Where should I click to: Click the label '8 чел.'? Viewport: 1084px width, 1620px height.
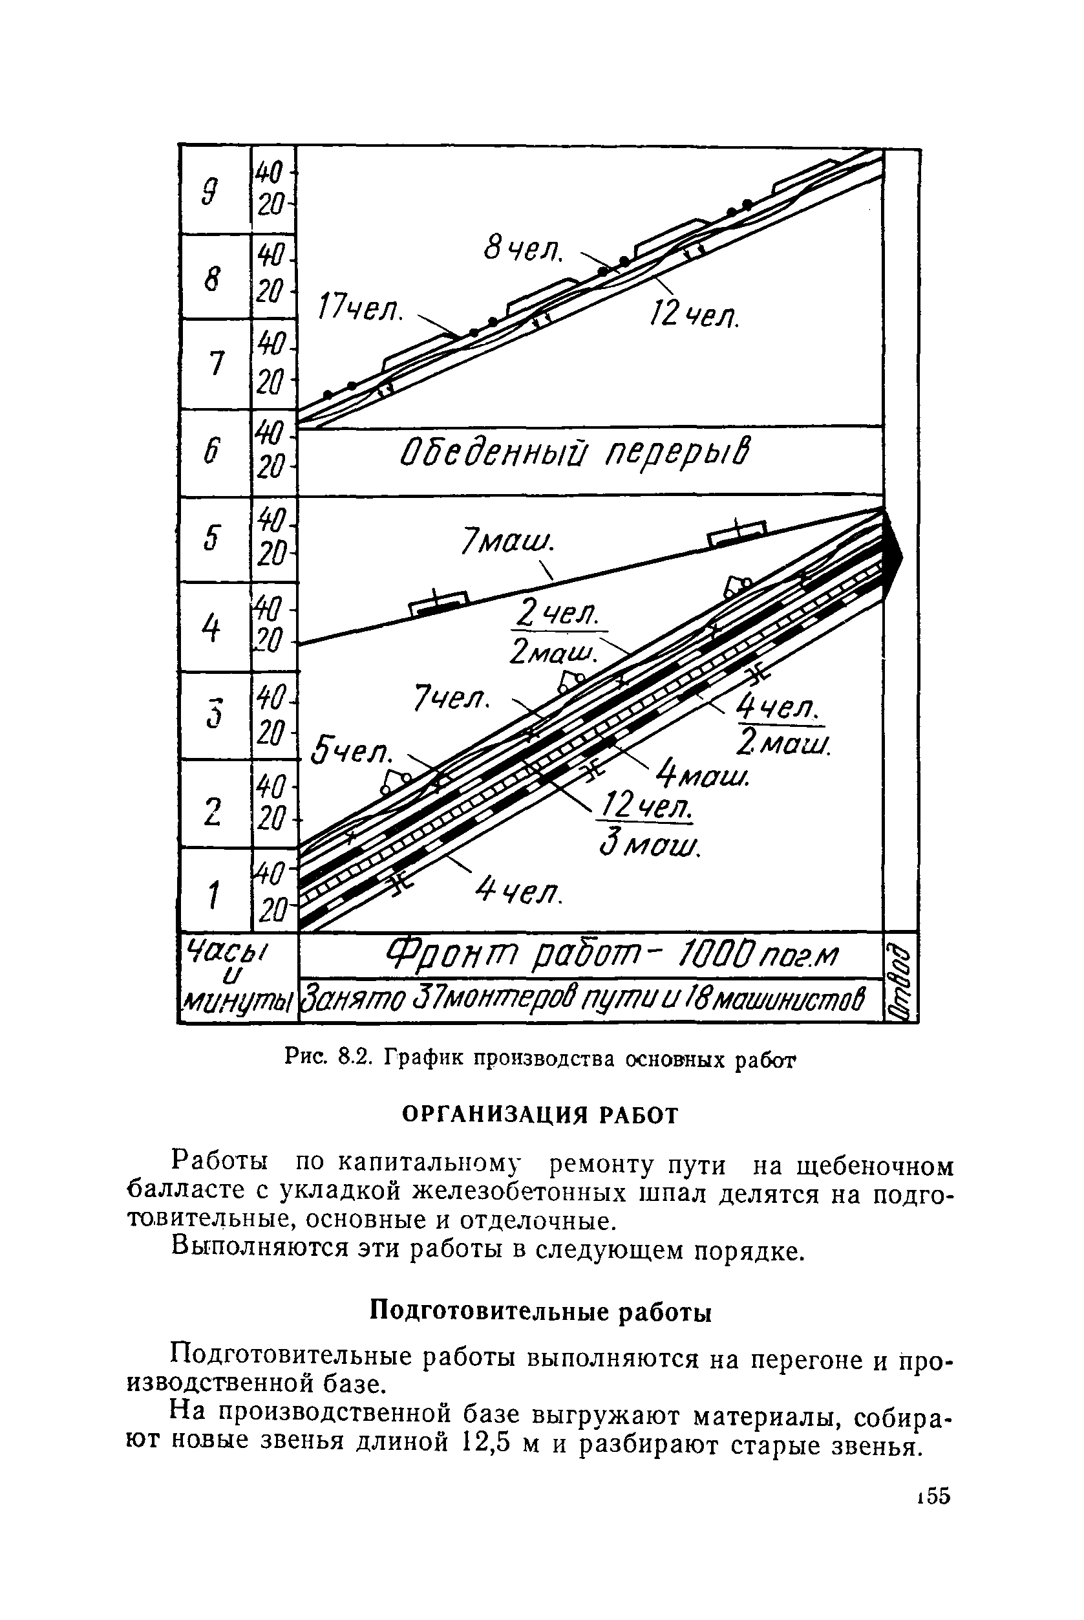[524, 250]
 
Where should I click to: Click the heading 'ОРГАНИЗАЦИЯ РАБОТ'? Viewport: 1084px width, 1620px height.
[541, 1115]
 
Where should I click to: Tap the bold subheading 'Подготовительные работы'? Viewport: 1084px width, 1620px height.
[540, 1311]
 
